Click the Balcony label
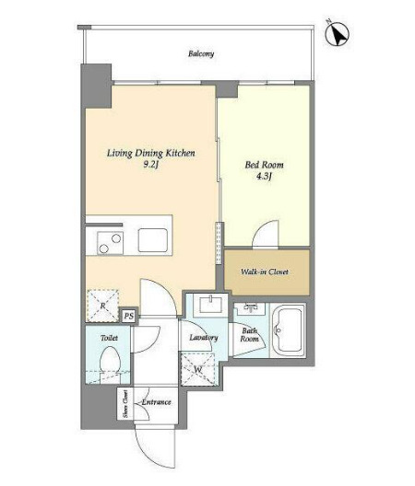201,54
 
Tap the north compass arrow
338,34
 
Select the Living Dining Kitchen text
151,153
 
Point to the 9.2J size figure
151,165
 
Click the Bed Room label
264,165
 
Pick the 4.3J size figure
264,177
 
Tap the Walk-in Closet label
265,272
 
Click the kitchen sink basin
153,240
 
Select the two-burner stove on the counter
110,243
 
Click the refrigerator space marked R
102,306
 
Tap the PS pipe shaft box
129,316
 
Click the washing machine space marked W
198,369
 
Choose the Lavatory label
204,337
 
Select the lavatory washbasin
211,305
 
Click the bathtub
288,330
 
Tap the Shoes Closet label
125,404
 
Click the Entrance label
156,402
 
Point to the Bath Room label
249,335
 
